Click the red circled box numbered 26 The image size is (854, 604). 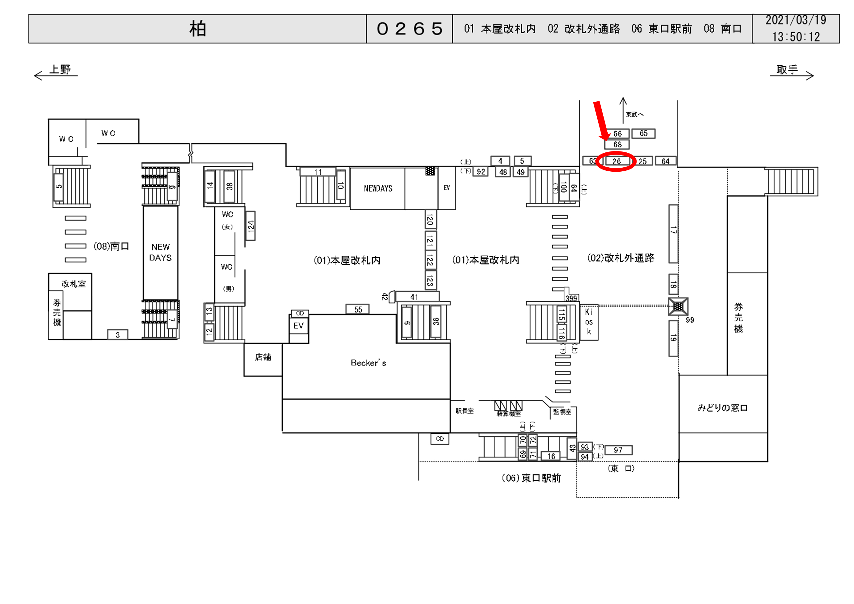(x=616, y=161)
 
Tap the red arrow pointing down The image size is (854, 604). (x=601, y=121)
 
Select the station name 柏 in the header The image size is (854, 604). (x=198, y=29)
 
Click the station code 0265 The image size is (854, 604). (x=409, y=29)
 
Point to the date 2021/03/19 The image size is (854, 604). (x=796, y=21)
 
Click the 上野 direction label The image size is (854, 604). (x=60, y=70)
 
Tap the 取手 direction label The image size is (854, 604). (x=787, y=70)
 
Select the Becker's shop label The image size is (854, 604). (x=368, y=363)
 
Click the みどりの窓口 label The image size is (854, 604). (x=722, y=408)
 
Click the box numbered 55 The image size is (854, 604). (x=358, y=309)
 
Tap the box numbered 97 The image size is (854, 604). (x=618, y=450)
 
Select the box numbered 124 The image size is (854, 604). (x=251, y=226)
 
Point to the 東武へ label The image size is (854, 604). (x=634, y=114)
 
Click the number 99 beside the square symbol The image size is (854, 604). (x=690, y=320)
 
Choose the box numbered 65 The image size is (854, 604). (x=643, y=133)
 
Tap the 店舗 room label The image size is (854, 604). (x=263, y=357)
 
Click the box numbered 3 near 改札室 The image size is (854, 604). (x=118, y=335)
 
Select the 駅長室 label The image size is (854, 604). (x=464, y=411)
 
